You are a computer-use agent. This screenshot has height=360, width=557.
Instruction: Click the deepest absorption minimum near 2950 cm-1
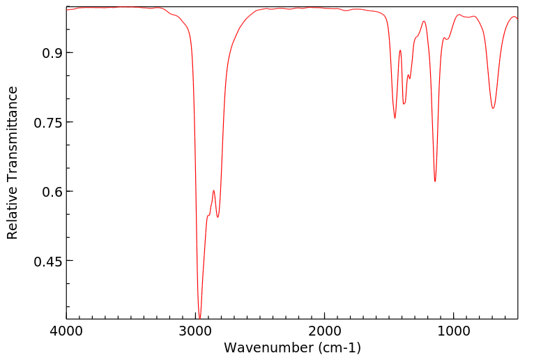coord(200,318)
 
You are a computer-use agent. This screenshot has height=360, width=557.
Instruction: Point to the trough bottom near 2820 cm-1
coord(218,217)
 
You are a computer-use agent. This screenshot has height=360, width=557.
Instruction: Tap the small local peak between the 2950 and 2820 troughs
coord(213,190)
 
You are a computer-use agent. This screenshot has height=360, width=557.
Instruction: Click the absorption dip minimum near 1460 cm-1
coord(395,118)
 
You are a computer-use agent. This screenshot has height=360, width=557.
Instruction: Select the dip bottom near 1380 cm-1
coord(404,104)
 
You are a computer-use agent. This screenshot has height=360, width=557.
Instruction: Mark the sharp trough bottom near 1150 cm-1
coord(435,181)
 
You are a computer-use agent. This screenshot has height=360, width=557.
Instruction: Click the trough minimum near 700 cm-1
coord(493,108)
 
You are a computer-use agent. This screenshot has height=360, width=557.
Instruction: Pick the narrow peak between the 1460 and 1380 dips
coord(400,50)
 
